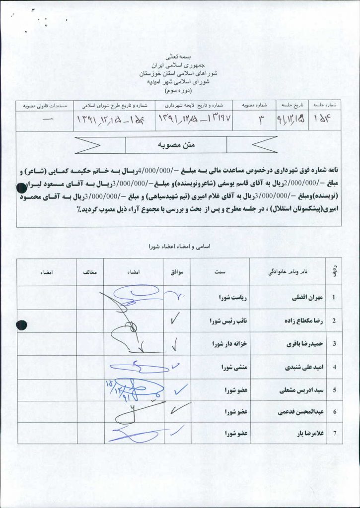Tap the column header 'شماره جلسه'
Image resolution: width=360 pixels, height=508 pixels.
[x=325, y=106]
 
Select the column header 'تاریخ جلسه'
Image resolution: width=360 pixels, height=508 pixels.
[x=291, y=106]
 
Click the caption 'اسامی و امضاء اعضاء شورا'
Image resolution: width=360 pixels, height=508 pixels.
[x=180, y=246]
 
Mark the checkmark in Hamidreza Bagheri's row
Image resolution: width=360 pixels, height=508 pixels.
[x=175, y=344]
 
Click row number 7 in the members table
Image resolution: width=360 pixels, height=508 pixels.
[x=334, y=434]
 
